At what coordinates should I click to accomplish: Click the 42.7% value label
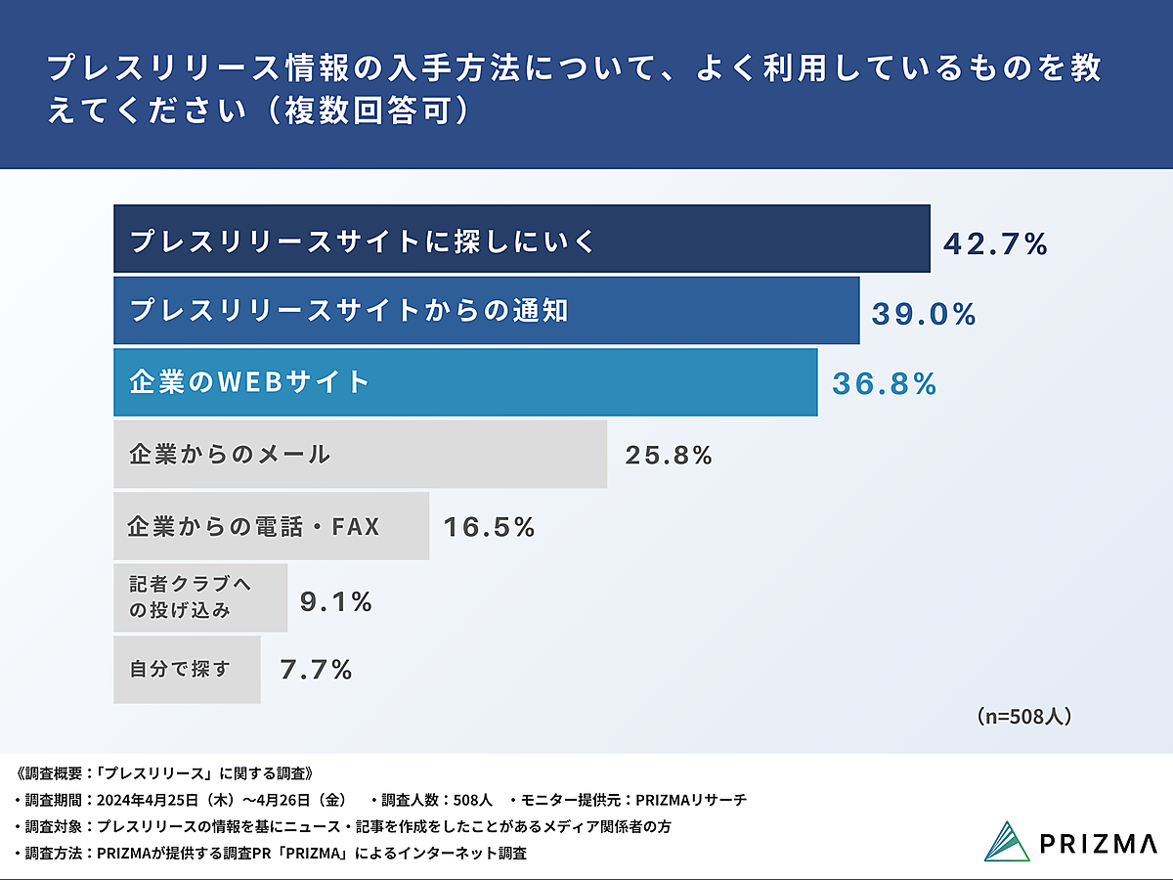pyautogui.click(x=995, y=243)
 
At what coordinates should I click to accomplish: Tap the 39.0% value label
pyautogui.click(x=924, y=314)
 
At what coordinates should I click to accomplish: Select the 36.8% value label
pyautogui.click(x=885, y=384)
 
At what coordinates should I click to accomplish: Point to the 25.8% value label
pyautogui.click(x=669, y=456)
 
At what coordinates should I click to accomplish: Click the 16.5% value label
pyautogui.click(x=490, y=528)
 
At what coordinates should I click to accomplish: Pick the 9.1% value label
pyautogui.click(x=336, y=603)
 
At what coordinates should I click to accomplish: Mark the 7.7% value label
pyautogui.click(x=316, y=670)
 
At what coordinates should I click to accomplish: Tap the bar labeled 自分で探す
pyautogui.click(x=187, y=670)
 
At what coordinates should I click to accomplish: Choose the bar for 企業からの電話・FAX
pyautogui.click(x=271, y=527)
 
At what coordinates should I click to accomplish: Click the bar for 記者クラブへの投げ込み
pyautogui.click(x=200, y=597)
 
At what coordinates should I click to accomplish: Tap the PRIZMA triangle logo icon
pyautogui.click(x=1007, y=841)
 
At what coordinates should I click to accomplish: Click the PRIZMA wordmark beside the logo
pyautogui.click(x=1099, y=843)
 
